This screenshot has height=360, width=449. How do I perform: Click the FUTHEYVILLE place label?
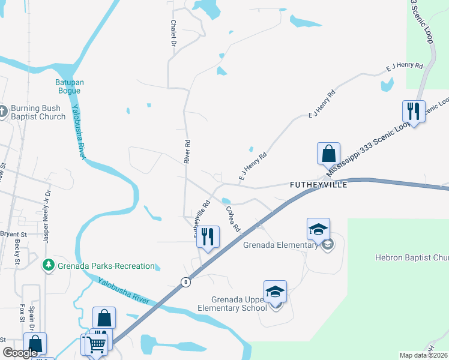[318, 185]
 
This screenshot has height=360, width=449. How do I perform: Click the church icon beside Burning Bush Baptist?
[2, 111]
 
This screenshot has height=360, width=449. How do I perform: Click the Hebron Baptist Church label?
[412, 258]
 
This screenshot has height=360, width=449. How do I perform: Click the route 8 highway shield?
[187, 282]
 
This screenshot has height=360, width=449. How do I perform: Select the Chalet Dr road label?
[173, 32]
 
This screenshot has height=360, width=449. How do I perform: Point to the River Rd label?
[187, 152]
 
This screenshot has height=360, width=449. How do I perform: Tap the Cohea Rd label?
[233, 220]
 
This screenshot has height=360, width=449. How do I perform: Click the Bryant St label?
[13, 234]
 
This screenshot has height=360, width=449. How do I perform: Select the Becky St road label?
[17, 253]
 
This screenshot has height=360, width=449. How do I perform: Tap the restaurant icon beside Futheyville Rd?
[208, 236]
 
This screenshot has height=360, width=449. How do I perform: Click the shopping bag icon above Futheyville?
[329, 154]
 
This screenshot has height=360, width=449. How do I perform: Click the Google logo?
[19, 353]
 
